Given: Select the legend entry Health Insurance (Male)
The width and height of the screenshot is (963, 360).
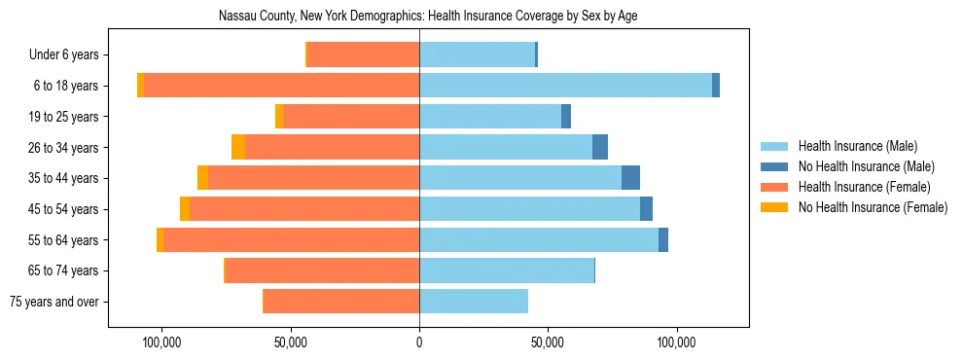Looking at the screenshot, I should pos(856,146).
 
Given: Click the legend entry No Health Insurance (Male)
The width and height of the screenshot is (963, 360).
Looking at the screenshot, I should pos(865,166).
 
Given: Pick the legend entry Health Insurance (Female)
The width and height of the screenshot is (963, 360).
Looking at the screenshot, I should pos(863,187).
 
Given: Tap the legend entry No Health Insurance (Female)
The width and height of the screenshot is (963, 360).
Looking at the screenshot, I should pos(872,207).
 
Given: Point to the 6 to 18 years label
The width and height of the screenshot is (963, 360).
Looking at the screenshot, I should pos(65,86).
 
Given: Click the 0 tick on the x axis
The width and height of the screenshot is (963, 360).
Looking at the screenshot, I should pos(419,342).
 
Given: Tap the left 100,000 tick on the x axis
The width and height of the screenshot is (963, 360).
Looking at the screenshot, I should pos(161,342).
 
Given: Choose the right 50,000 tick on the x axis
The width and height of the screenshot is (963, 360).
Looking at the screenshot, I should pos(548,342).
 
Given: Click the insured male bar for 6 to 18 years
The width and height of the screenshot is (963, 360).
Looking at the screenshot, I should pos(564,86).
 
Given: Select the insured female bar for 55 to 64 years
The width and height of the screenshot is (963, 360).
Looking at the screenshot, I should pos(292,240).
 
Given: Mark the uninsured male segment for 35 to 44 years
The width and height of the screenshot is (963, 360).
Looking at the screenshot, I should pos(630,178).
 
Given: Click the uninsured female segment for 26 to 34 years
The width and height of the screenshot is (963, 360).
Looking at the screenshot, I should pos(238,147).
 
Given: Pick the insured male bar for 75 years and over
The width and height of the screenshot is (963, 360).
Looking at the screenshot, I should pos(474,302).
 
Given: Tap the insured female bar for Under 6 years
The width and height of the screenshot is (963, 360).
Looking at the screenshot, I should pos(363,54).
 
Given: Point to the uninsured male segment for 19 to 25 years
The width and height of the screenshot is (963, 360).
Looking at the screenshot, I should pos(566,117).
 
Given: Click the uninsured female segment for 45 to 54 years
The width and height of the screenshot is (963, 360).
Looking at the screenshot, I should pos(185,209).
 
